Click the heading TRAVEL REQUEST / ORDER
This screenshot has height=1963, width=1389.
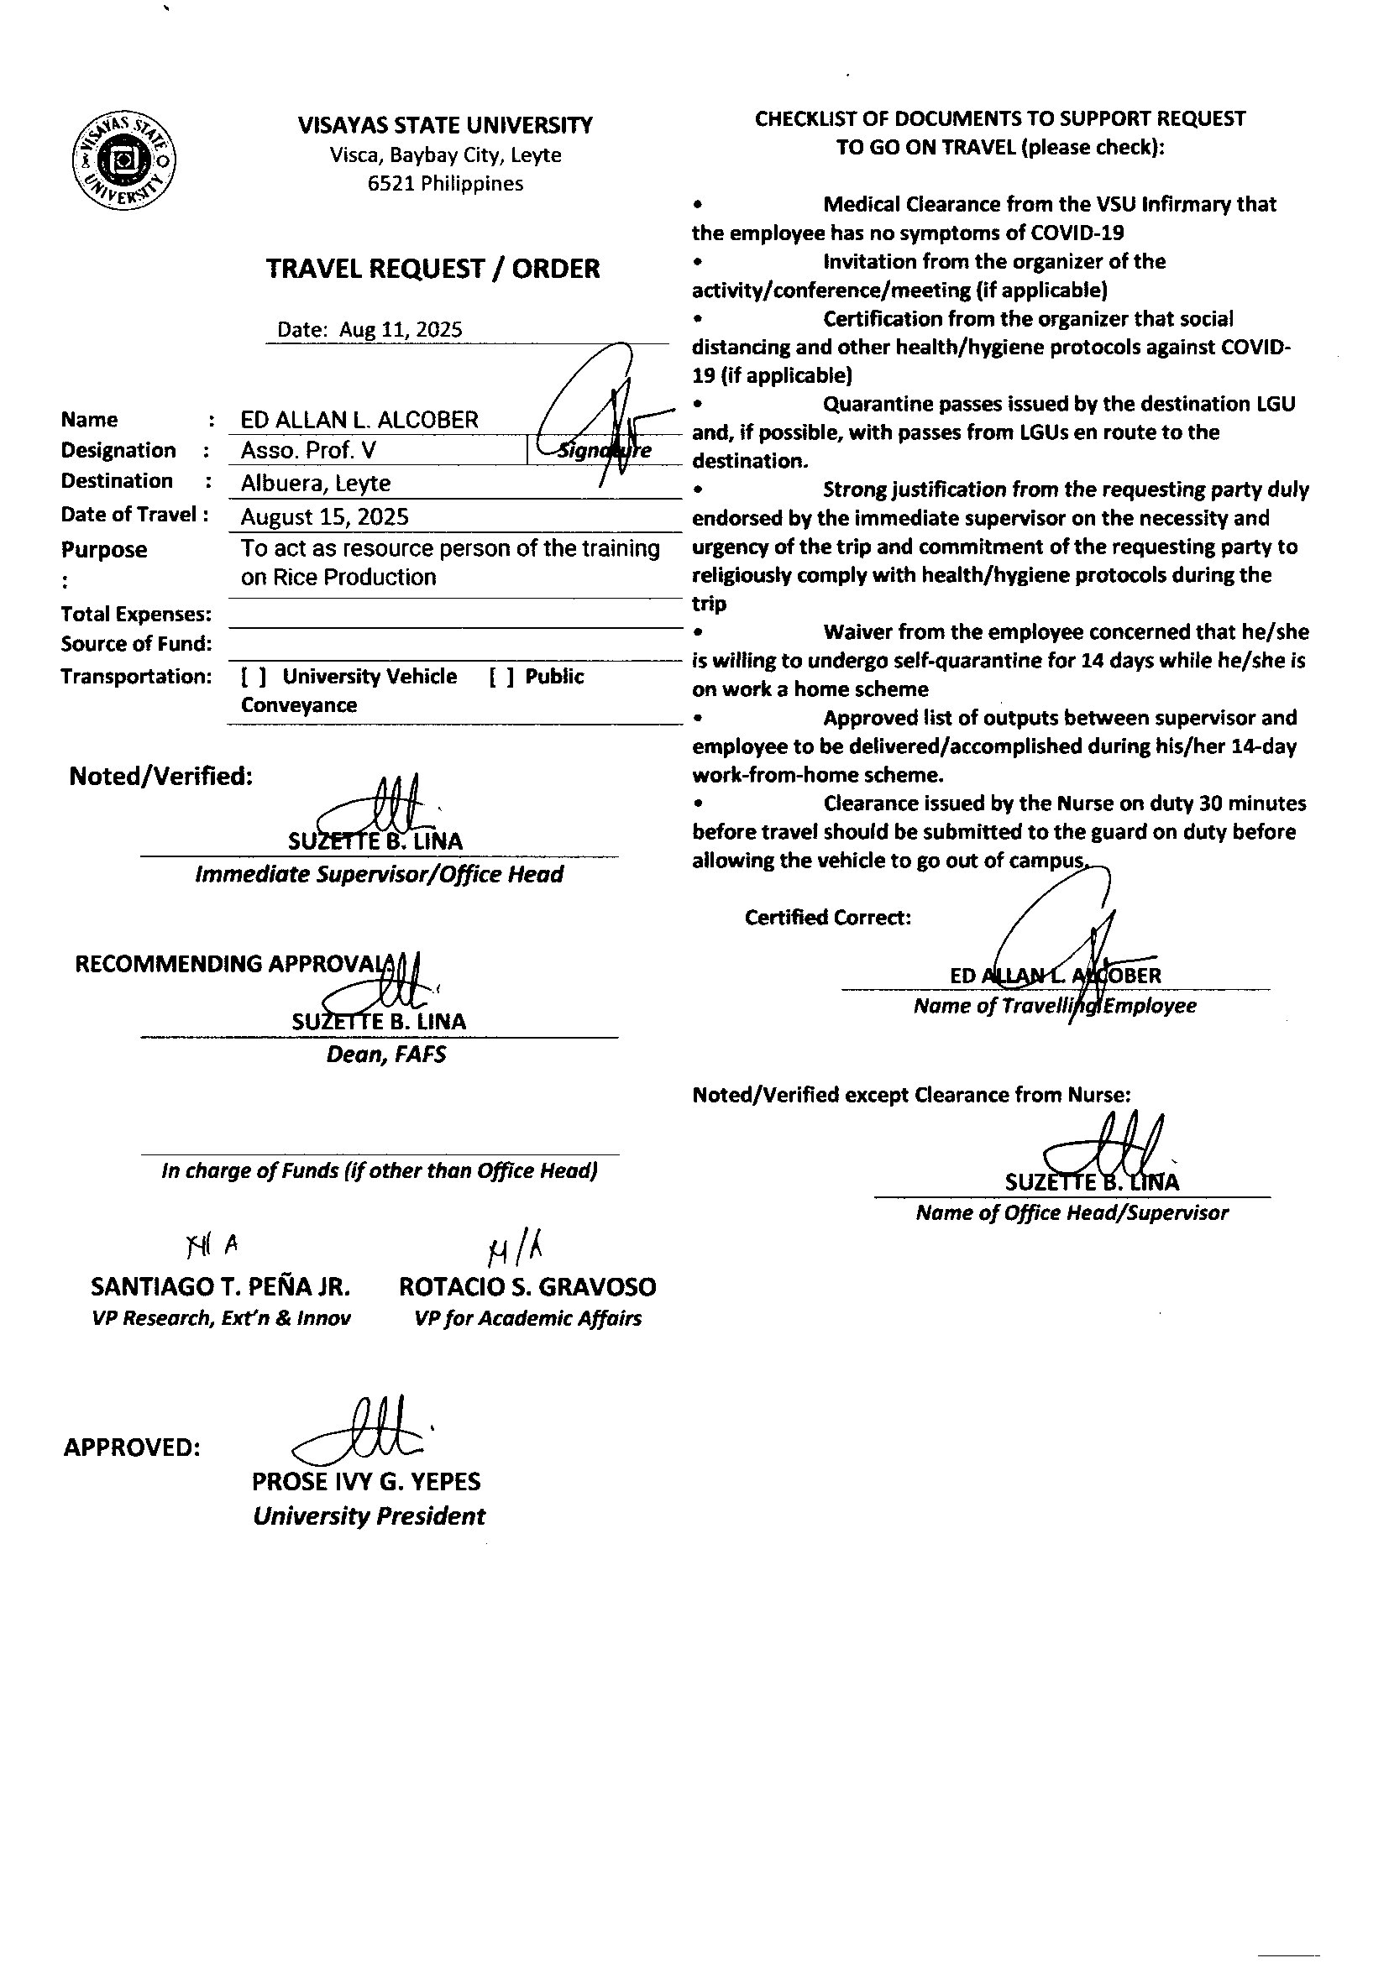432,269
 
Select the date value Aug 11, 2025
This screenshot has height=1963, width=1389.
401,330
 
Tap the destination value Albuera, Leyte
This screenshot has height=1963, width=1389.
316,483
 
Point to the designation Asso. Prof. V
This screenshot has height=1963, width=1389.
308,451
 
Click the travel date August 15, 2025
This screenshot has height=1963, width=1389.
325,516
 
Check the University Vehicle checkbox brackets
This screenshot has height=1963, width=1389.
253,676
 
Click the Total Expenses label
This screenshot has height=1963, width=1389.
136,614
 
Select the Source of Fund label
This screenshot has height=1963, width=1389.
136,644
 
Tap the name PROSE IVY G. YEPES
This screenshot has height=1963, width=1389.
366,1482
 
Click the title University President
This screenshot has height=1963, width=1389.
369,1516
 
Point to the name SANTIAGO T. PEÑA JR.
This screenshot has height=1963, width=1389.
221,1287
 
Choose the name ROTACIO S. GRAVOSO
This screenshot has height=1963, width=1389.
527,1287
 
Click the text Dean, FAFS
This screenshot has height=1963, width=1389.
385,1055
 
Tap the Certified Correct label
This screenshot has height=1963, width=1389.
827,918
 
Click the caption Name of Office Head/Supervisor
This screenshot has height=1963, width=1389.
1072,1212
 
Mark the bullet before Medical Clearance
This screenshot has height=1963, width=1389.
699,205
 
